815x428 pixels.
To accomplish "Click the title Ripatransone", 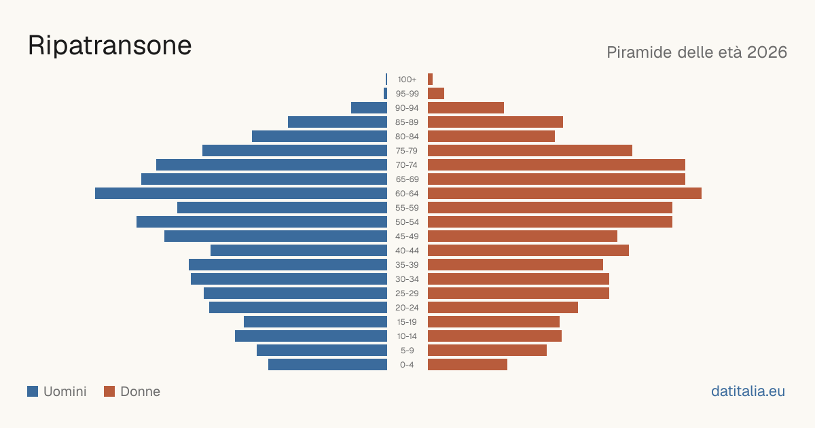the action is click(109, 46).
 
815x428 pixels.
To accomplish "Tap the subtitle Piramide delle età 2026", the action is click(697, 52).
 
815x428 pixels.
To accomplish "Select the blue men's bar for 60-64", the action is click(241, 193).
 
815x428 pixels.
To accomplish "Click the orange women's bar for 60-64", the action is click(564, 193).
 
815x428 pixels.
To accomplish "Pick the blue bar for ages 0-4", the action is click(327, 365).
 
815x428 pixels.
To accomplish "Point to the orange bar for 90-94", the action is click(466, 108).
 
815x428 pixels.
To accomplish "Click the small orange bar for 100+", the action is click(430, 79).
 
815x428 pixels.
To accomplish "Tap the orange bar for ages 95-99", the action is click(436, 94).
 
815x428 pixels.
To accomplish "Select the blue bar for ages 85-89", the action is click(338, 122).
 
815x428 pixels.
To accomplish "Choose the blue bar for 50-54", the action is click(261, 222).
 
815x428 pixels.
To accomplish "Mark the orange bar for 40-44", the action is click(528, 251).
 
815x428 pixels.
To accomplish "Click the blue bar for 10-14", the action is click(311, 336).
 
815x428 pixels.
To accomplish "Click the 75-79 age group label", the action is click(407, 151).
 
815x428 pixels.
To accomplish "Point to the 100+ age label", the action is click(407, 79).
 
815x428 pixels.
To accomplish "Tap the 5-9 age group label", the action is click(407, 351).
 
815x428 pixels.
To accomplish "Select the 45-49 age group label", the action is click(407, 236).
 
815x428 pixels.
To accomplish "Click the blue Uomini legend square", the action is click(33, 391).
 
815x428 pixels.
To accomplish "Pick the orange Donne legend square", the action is click(109, 391).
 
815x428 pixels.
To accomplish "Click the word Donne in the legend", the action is click(140, 391).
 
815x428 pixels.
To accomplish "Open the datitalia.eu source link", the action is click(748, 391).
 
